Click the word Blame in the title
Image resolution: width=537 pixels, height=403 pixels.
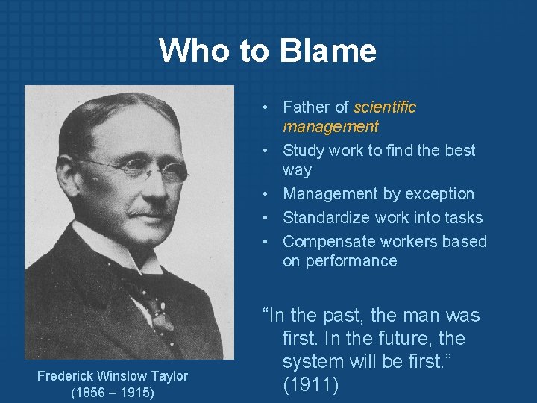[x=328, y=51]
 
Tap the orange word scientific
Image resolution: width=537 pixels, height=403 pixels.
[x=385, y=107]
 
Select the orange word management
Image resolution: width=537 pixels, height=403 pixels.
[x=330, y=127]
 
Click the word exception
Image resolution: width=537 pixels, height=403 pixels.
[x=440, y=194]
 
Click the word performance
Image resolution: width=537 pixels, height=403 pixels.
[x=339, y=261]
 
